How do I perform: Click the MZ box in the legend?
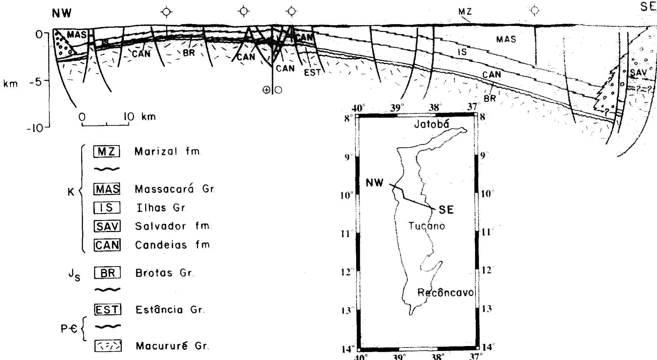coord(107,151)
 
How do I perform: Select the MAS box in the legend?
coord(107,189)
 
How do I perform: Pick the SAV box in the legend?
coord(107,226)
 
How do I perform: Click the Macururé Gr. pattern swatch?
coord(108,346)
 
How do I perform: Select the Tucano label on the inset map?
coord(427,226)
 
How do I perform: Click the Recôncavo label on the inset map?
coord(445,292)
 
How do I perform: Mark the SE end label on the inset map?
coord(446,210)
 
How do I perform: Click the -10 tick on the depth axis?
coord(35,128)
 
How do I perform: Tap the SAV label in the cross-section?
coord(639,73)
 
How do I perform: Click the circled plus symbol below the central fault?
coord(266,90)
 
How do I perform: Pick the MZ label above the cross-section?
coord(465,12)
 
